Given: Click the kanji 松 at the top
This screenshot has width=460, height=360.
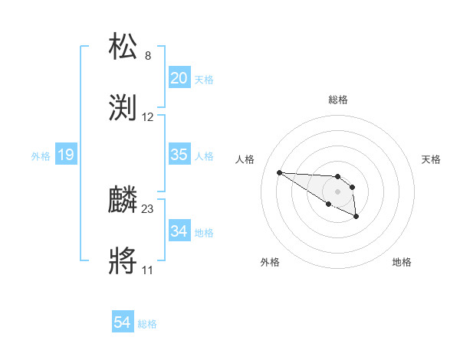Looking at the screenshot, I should pyautogui.click(x=124, y=47).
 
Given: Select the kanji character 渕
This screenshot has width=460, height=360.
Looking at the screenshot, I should pyautogui.click(x=124, y=108).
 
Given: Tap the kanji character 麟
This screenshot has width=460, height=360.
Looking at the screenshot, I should pyautogui.click(x=124, y=200).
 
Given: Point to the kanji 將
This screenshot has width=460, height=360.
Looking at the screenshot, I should pyautogui.click(x=124, y=261).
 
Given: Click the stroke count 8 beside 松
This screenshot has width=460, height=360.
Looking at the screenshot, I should pyautogui.click(x=148, y=55).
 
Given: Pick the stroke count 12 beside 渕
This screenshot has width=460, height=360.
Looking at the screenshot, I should pyautogui.click(x=148, y=117).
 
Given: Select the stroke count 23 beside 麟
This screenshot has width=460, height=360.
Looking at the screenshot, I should pyautogui.click(x=148, y=208).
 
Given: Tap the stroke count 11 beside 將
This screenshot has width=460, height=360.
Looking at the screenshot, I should pyautogui.click(x=148, y=270).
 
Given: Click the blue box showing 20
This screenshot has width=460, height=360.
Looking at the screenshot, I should pyautogui.click(x=179, y=78).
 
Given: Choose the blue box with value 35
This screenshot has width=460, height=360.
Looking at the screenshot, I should pyautogui.click(x=179, y=155).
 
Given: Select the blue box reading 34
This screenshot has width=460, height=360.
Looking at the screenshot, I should pyautogui.click(x=179, y=231).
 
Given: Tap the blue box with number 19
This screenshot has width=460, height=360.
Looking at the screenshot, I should pyautogui.click(x=66, y=155).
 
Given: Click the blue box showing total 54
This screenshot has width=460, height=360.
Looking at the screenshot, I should pyautogui.click(x=123, y=323).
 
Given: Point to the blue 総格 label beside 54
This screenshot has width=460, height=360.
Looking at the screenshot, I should pyautogui.click(x=147, y=324).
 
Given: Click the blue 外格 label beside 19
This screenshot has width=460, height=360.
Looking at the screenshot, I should pyautogui.click(x=41, y=156).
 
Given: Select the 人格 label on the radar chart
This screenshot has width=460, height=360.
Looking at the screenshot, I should pyautogui.click(x=245, y=159).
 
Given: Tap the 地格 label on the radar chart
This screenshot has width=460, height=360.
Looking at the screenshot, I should pyautogui.click(x=402, y=262).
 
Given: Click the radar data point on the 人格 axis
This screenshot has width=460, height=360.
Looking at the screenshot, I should pyautogui.click(x=279, y=172).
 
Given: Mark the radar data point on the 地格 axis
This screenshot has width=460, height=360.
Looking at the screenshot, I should pyautogui.click(x=356, y=218).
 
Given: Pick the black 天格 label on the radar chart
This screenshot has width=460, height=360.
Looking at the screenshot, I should pyautogui.click(x=431, y=159).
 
